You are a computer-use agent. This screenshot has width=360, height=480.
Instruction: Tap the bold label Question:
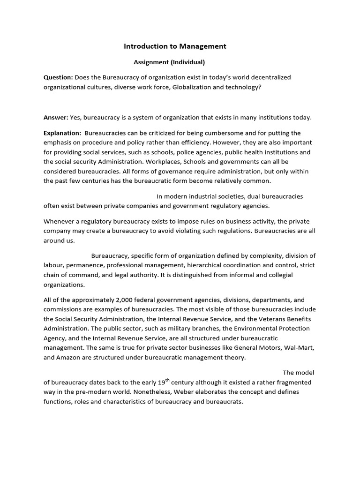58,77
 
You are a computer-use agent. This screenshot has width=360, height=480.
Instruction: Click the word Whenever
60,221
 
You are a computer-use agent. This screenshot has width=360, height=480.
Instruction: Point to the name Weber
134,392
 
